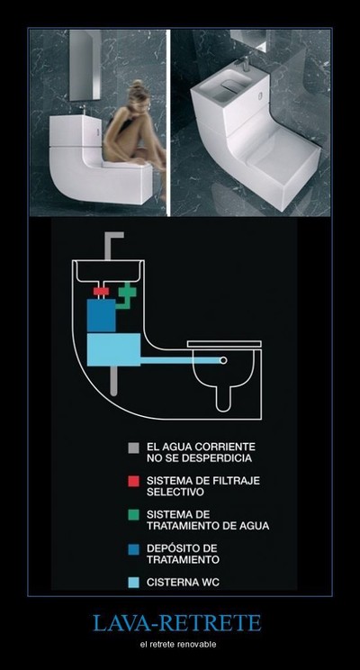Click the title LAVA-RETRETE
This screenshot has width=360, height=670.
[176, 623]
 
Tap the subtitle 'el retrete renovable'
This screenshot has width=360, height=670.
[177, 644]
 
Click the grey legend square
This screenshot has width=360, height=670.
[134, 448]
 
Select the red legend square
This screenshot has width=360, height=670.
[134, 481]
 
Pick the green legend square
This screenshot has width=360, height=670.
[134, 514]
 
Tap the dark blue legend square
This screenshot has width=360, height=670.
[134, 548]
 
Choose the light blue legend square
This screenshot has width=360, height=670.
[134, 583]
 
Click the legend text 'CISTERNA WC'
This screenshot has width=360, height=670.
[184, 583]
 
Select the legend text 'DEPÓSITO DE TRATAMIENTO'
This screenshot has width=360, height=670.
[184, 554]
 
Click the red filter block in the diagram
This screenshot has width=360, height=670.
[101, 291]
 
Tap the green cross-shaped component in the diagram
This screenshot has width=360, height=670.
[127, 293]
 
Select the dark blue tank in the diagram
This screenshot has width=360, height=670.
[101, 315]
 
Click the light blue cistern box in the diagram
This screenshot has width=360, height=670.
[113, 349]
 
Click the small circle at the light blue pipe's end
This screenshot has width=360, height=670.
[223, 360]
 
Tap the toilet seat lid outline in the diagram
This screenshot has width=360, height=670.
[224, 344]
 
